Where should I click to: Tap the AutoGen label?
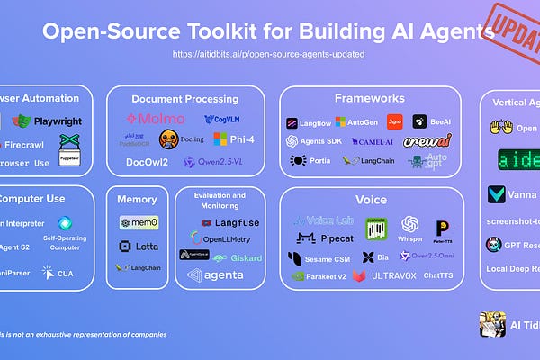[x=357, y=121]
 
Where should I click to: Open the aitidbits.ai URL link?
[x=269, y=54]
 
